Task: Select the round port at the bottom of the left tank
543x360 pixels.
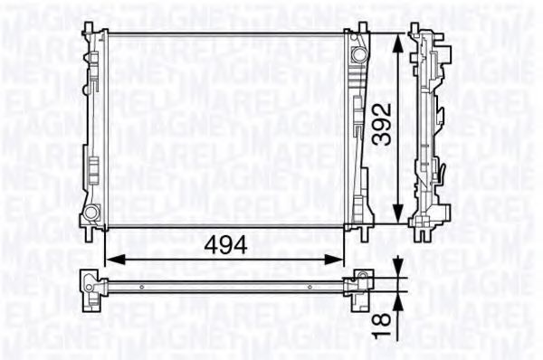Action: (90, 213)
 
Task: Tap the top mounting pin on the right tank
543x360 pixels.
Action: (361, 25)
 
